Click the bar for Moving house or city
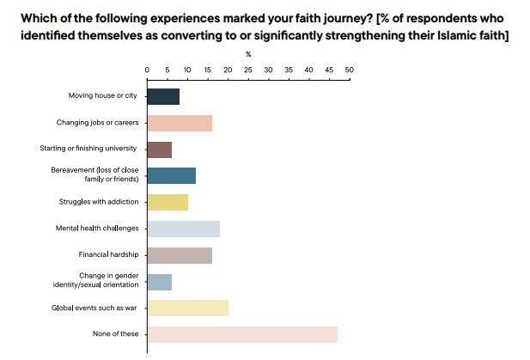[163, 96]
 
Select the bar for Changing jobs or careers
[180, 123]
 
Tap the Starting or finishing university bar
[160, 149]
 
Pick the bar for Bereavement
[172, 175]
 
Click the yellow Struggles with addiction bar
[168, 202]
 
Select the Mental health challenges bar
[184, 229]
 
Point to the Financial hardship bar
[180, 255]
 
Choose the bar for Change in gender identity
[160, 281]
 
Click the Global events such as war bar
[188, 308]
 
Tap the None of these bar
[242, 334]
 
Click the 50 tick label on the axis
[349, 70]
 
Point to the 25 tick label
[248, 70]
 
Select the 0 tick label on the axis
[148, 70]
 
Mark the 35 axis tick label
[289, 70]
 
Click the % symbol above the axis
[248, 53]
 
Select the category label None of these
[114, 334]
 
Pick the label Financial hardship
[107, 255]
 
